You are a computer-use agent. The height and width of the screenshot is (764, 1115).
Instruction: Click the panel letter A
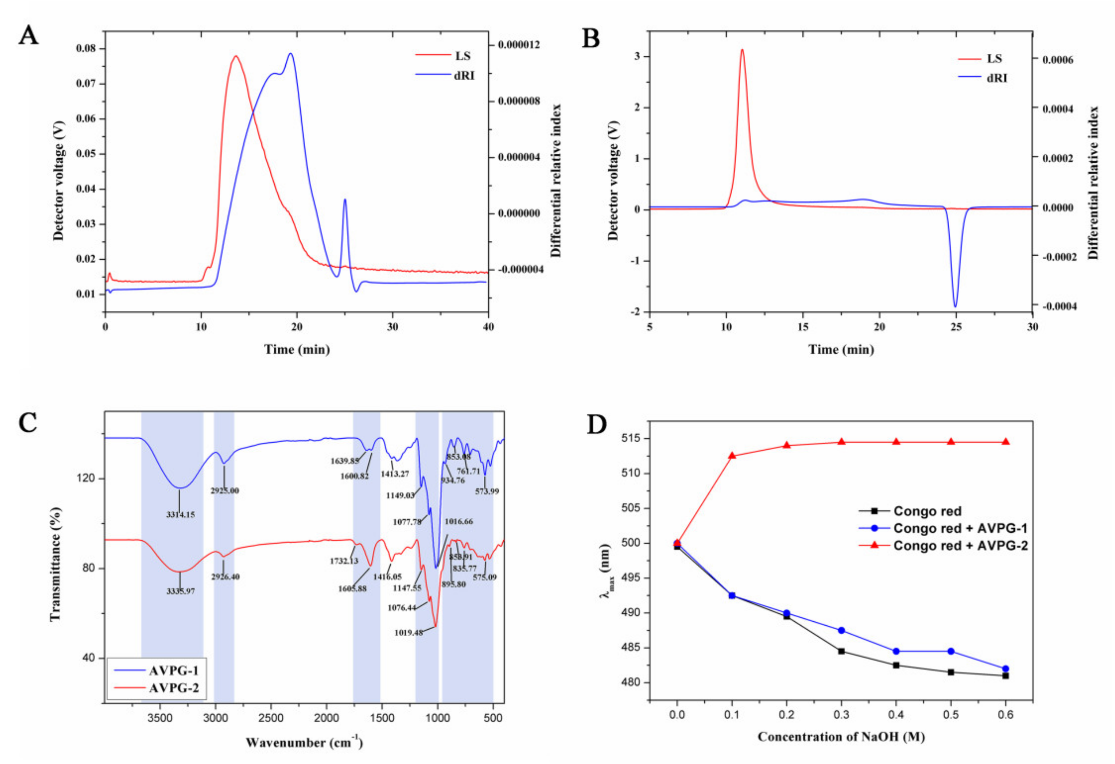pos(28,36)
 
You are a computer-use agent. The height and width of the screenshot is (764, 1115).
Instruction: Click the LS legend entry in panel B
pos(994,58)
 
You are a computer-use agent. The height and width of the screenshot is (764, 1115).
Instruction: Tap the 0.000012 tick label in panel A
pos(519,45)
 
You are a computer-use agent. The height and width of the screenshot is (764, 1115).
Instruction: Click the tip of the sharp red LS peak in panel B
pos(742,49)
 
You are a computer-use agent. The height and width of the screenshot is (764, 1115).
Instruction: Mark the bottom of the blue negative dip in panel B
pos(955,306)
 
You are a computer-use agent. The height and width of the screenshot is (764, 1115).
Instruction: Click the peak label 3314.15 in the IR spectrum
pos(180,514)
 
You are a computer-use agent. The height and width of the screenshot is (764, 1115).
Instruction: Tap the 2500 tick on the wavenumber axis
pos(271,718)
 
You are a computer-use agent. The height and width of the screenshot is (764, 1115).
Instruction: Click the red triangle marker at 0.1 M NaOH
pos(732,455)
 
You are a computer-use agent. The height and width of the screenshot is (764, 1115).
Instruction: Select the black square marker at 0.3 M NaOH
pos(841,651)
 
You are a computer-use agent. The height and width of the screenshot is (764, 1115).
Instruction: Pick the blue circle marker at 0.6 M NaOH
pos(1006,668)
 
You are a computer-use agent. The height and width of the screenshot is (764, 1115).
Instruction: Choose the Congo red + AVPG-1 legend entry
pos(959,528)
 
